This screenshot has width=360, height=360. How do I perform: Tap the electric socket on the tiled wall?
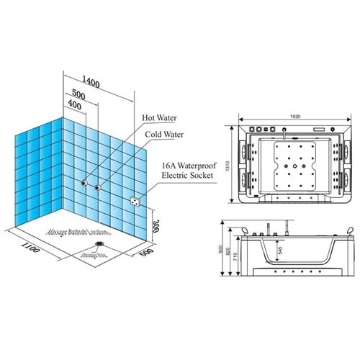(134, 202)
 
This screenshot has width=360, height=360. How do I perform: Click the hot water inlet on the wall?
(85, 184)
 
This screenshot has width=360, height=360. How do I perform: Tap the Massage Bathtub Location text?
(78, 232)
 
